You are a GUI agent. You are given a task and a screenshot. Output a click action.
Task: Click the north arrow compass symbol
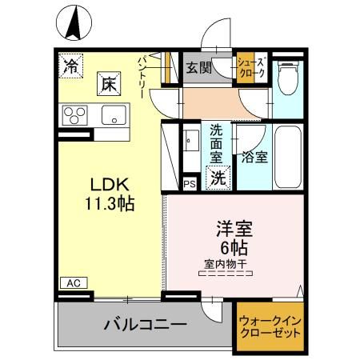(x=74, y=22)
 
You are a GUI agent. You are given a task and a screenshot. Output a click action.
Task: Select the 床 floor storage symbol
(x=108, y=82)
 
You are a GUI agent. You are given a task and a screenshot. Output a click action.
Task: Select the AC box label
(x=71, y=283)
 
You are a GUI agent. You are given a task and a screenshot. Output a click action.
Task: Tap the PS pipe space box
(x=190, y=184)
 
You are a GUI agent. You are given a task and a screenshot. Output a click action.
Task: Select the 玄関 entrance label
(x=199, y=68)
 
